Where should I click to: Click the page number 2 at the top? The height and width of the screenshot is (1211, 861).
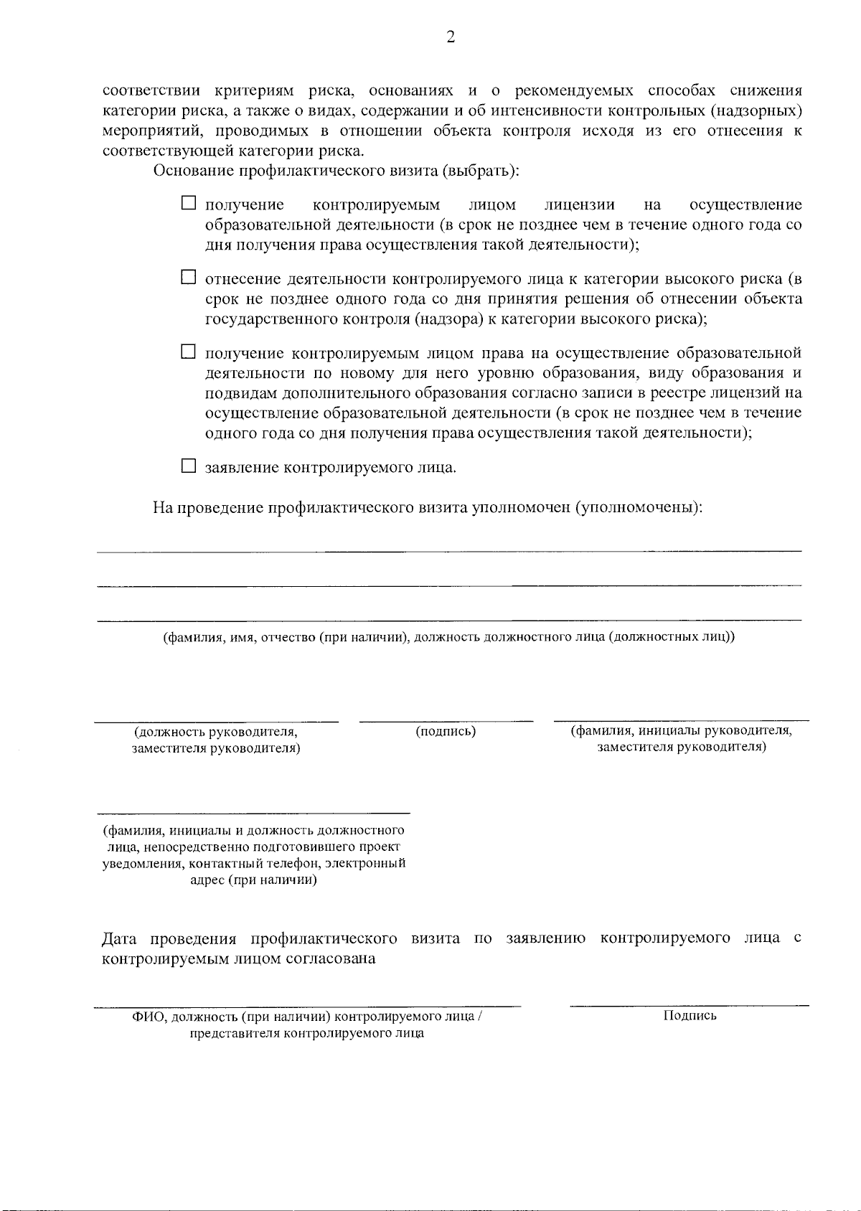click(451, 37)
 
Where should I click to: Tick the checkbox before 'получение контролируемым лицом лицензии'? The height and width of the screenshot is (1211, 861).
click(188, 204)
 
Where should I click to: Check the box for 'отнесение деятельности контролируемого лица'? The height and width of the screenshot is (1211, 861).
click(188, 277)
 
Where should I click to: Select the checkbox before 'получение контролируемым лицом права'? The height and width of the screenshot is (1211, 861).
click(188, 352)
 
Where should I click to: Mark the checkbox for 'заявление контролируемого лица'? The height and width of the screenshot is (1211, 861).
click(188, 466)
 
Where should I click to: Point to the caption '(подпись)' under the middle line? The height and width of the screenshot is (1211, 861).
click(446, 731)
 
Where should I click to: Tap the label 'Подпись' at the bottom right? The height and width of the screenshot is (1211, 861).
click(690, 1015)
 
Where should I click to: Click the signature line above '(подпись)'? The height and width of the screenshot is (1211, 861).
click(446, 720)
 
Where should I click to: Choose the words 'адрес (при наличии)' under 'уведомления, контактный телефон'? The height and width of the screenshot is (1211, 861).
click(253, 880)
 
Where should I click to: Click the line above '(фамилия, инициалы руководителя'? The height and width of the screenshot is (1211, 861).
click(681, 720)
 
